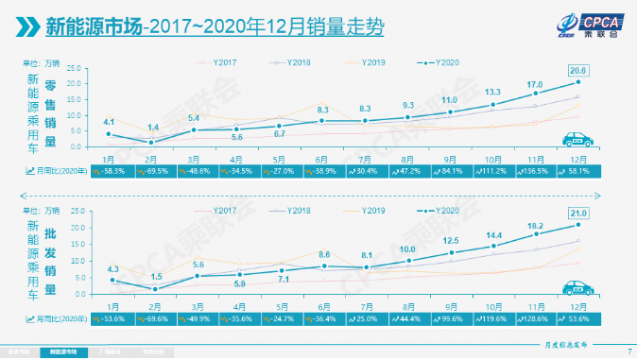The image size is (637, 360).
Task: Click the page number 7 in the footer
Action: pyautogui.click(x=629, y=353)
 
